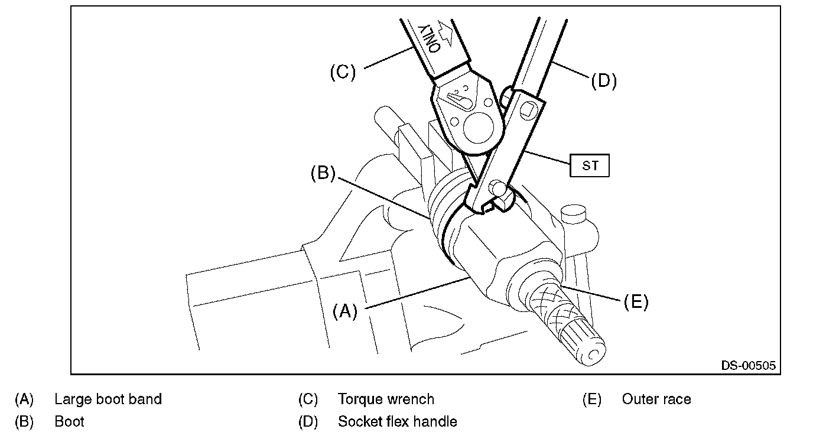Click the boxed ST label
590,165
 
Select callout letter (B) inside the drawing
323,173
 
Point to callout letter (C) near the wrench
343,72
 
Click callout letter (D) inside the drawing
604,80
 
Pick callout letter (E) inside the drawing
636,302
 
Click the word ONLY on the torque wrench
429,38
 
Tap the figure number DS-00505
749,365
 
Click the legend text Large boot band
108,399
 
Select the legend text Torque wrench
386,399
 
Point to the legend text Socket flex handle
398,422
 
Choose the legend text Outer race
656,399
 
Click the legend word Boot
69,422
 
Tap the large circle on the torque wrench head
479,128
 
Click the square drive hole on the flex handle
528,109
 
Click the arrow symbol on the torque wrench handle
447,32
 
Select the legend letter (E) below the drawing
592,399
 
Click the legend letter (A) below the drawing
24,399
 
